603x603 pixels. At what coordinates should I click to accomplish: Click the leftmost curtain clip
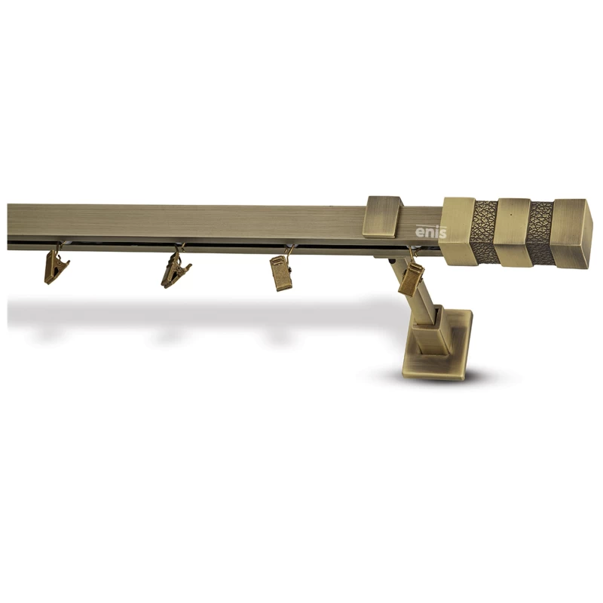click(56, 267)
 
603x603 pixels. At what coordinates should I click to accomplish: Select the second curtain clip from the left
click(176, 270)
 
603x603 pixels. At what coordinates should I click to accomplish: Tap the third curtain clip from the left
click(281, 273)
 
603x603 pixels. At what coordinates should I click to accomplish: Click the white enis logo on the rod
click(431, 231)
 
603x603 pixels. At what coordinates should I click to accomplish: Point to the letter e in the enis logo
click(420, 233)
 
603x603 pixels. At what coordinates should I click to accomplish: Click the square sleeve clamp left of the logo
click(384, 216)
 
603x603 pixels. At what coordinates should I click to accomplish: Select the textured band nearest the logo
click(484, 232)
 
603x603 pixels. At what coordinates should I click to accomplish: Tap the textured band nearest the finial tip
click(540, 233)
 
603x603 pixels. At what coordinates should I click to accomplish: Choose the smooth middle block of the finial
click(513, 232)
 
